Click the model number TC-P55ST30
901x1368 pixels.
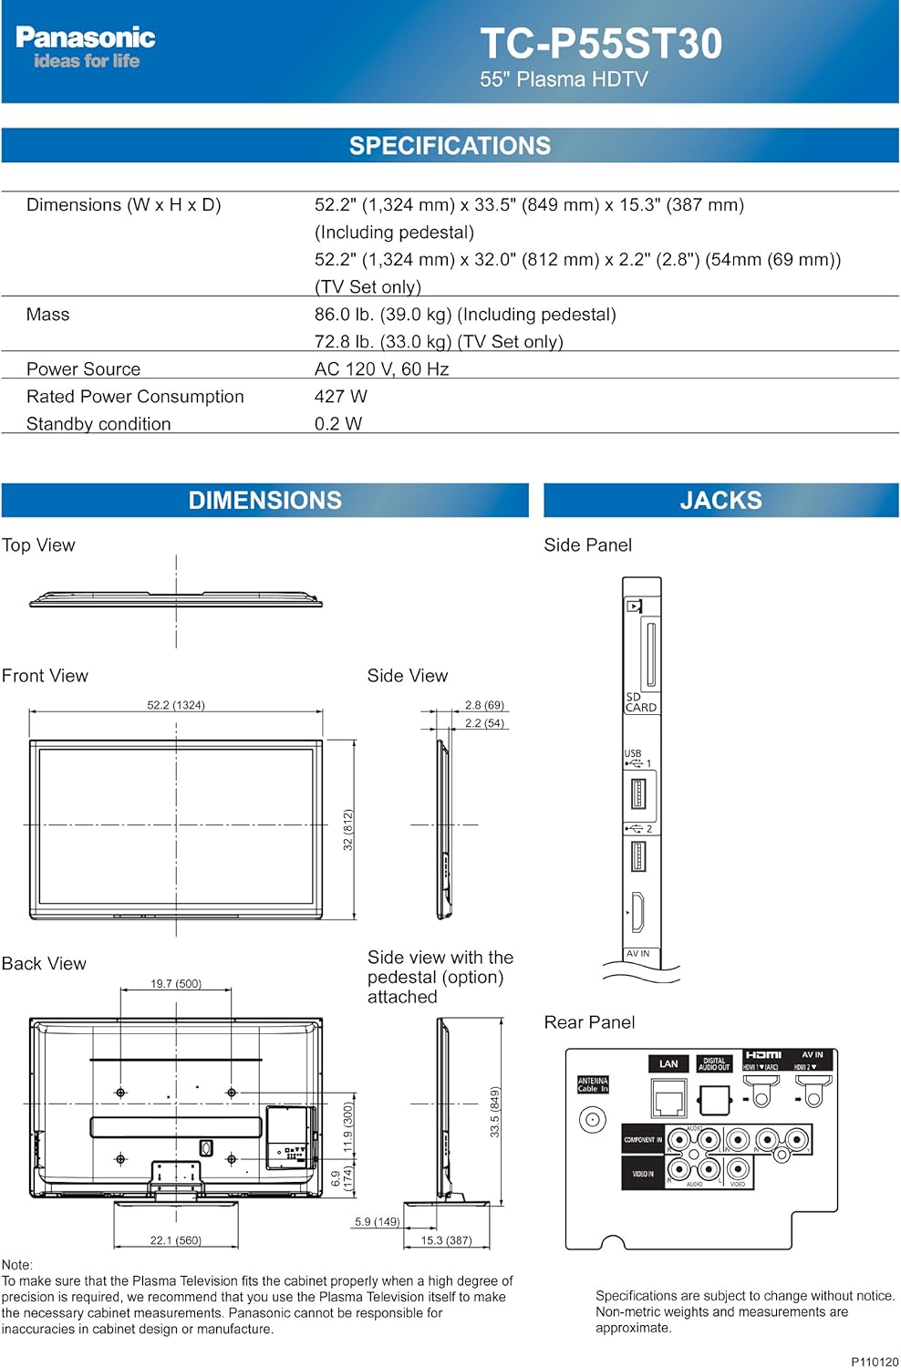pos(601,44)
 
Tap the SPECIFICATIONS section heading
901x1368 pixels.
pos(450,146)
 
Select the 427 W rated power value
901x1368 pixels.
pos(340,397)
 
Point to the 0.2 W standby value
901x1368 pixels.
pos(337,424)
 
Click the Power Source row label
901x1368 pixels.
pos(83,369)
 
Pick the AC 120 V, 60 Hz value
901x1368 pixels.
pos(381,369)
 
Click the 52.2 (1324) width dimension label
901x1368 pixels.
pos(176,705)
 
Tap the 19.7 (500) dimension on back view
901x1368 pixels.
pos(176,984)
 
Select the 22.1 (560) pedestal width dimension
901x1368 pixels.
pos(176,1240)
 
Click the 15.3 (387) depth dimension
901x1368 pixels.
pos(446,1240)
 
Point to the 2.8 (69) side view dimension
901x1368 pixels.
pos(484,705)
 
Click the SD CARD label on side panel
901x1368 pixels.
pos(640,702)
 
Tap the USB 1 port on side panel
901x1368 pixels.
pos(638,793)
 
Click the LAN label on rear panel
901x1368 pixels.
pos(668,1064)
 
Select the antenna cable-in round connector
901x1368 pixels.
pos(593,1120)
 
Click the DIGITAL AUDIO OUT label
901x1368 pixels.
pos(714,1064)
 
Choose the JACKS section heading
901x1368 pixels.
pos(720,501)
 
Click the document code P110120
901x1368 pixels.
pos(875,1362)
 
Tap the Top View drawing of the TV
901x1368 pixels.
pos(176,600)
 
